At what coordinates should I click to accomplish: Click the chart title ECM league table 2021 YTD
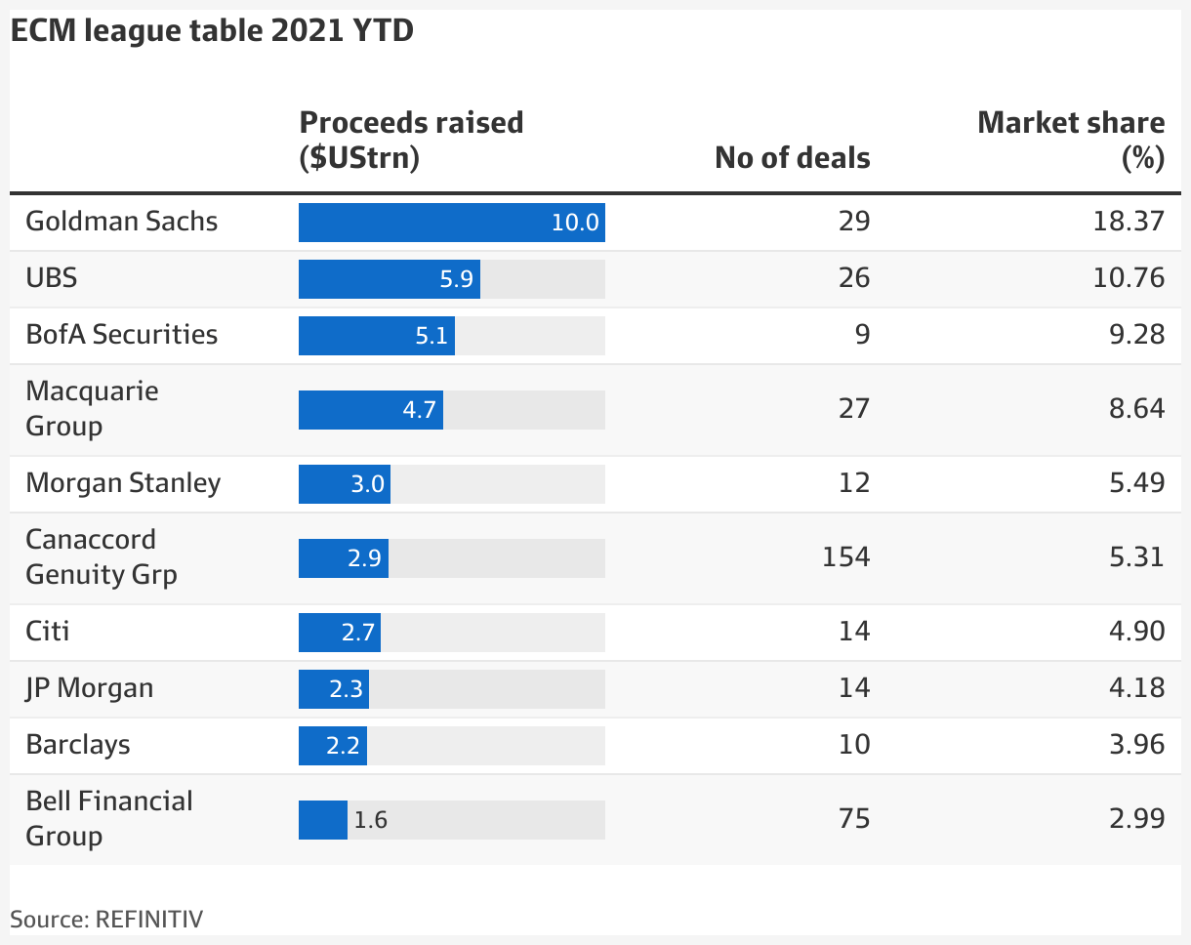point(212,31)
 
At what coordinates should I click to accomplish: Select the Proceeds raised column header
point(411,140)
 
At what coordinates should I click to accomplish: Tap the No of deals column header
point(792,157)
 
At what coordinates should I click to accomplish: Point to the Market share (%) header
point(1071,140)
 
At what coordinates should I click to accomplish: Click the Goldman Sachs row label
point(122,222)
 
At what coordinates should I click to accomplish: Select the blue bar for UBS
point(389,279)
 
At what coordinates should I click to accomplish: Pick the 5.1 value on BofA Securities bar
point(431,336)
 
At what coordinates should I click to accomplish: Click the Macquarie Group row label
point(92,409)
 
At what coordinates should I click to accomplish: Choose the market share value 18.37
point(1129,222)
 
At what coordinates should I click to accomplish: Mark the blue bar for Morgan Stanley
point(344,484)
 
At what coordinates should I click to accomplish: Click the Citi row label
point(48,632)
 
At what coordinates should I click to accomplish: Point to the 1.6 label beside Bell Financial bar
point(370,820)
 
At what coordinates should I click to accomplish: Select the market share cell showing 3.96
point(1135,745)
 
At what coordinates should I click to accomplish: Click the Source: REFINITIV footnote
point(107,919)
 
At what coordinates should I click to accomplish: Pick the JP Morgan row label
point(90,688)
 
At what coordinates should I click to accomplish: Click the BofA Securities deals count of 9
point(861,335)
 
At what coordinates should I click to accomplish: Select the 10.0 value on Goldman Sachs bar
point(574,223)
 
